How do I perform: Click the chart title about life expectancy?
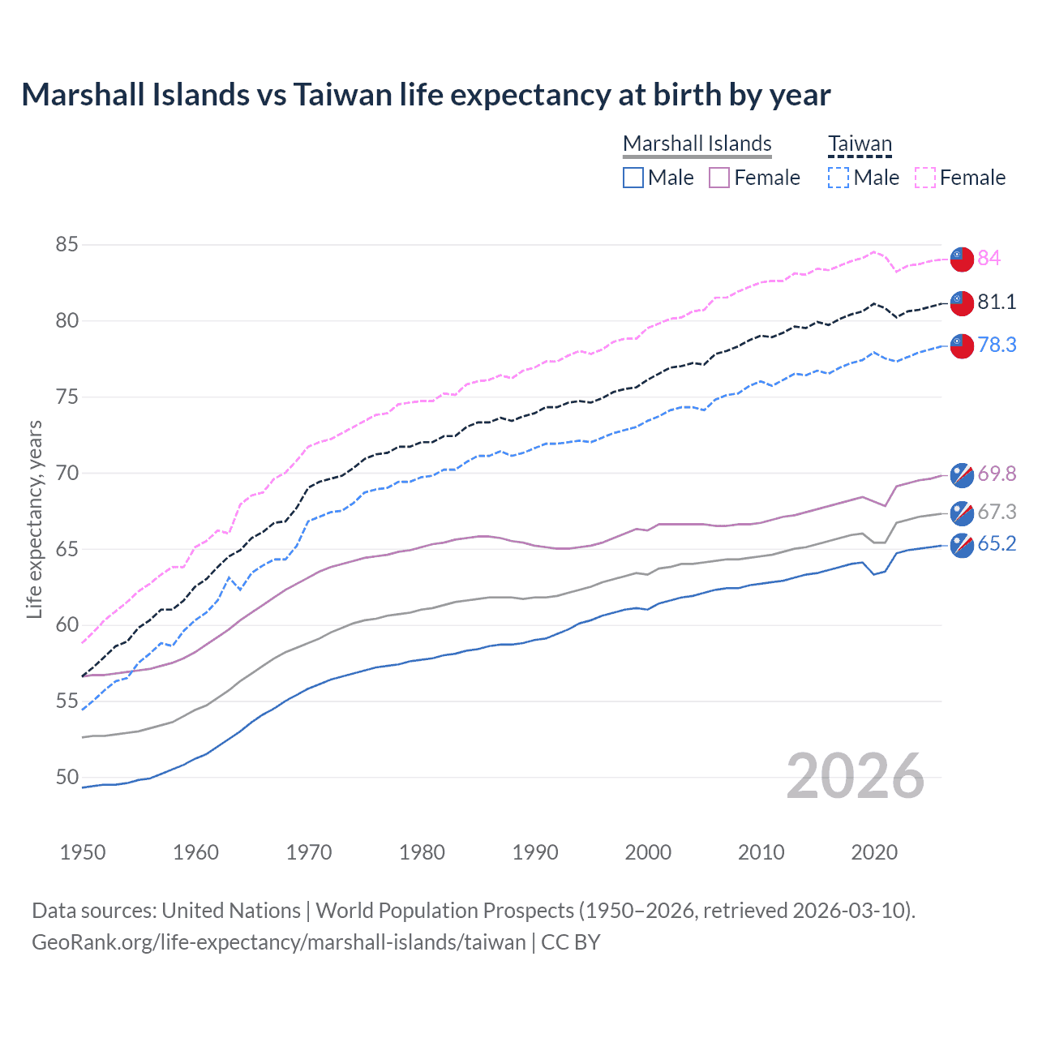point(426,95)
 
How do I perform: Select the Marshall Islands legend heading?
point(697,144)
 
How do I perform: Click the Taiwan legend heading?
point(860,144)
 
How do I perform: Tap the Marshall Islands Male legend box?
point(633,178)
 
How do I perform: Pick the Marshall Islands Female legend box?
point(719,178)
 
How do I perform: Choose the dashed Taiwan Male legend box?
point(839,178)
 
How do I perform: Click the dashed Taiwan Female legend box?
point(925,178)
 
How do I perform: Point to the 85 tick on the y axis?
point(67,244)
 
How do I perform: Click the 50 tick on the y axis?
point(67,777)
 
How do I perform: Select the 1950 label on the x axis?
point(83,852)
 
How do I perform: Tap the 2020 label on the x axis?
point(874,852)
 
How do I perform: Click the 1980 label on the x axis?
point(422,852)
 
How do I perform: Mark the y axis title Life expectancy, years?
point(35,519)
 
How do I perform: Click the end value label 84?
point(989,258)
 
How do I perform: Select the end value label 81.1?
point(997,302)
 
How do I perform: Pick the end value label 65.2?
point(997,543)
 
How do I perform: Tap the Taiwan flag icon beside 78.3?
point(962,345)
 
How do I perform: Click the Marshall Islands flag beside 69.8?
point(962,474)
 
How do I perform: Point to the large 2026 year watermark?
point(856,776)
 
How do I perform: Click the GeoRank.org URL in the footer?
point(278,942)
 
